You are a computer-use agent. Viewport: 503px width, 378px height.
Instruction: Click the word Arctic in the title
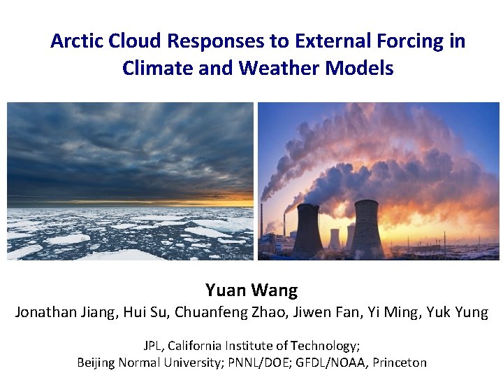coord(78,41)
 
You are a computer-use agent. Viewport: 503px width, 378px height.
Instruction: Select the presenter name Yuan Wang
coord(251,290)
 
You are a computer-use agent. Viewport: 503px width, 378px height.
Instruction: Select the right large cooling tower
coord(366,227)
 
